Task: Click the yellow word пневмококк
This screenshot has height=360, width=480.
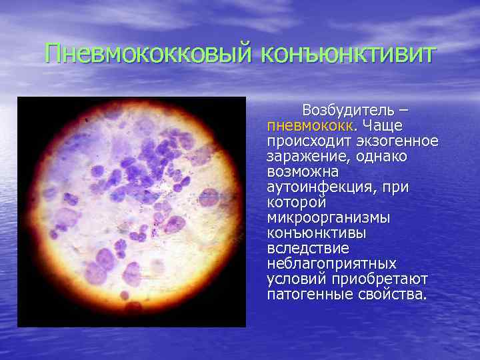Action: [311, 125]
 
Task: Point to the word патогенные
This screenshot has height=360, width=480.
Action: [309, 294]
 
